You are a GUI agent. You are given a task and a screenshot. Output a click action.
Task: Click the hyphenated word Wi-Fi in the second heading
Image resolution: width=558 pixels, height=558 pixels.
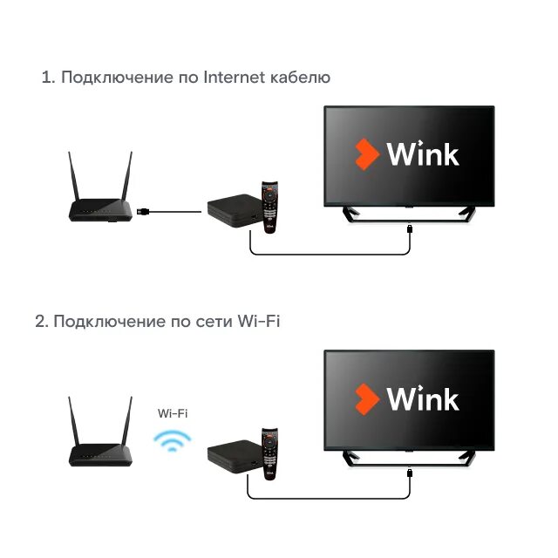pos(259,322)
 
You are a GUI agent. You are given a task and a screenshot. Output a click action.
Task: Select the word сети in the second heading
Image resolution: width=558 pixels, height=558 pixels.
pos(214,322)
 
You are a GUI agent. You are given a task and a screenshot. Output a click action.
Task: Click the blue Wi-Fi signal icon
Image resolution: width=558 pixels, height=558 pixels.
pos(172,439)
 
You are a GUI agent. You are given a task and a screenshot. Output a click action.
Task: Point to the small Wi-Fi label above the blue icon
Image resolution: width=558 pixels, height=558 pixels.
pos(172,413)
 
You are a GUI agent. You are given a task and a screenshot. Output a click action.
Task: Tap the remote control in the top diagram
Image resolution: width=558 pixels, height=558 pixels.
pos(270,208)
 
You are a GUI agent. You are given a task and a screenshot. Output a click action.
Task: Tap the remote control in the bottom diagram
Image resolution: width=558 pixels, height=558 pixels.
pos(270,452)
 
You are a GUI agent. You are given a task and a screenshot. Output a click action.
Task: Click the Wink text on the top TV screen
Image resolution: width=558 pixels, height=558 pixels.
pos(423,155)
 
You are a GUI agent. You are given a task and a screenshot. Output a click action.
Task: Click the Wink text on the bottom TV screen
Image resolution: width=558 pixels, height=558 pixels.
pos(423,399)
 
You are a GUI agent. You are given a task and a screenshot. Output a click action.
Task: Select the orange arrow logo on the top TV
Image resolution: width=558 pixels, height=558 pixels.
pos(366,155)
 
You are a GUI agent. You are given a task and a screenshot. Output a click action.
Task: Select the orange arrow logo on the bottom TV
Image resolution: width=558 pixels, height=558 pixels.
pos(366,399)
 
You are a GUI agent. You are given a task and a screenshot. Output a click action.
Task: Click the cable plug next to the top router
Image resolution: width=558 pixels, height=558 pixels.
pos(147,211)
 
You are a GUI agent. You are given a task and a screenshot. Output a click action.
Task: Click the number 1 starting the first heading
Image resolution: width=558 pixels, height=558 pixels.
pos(45,78)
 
